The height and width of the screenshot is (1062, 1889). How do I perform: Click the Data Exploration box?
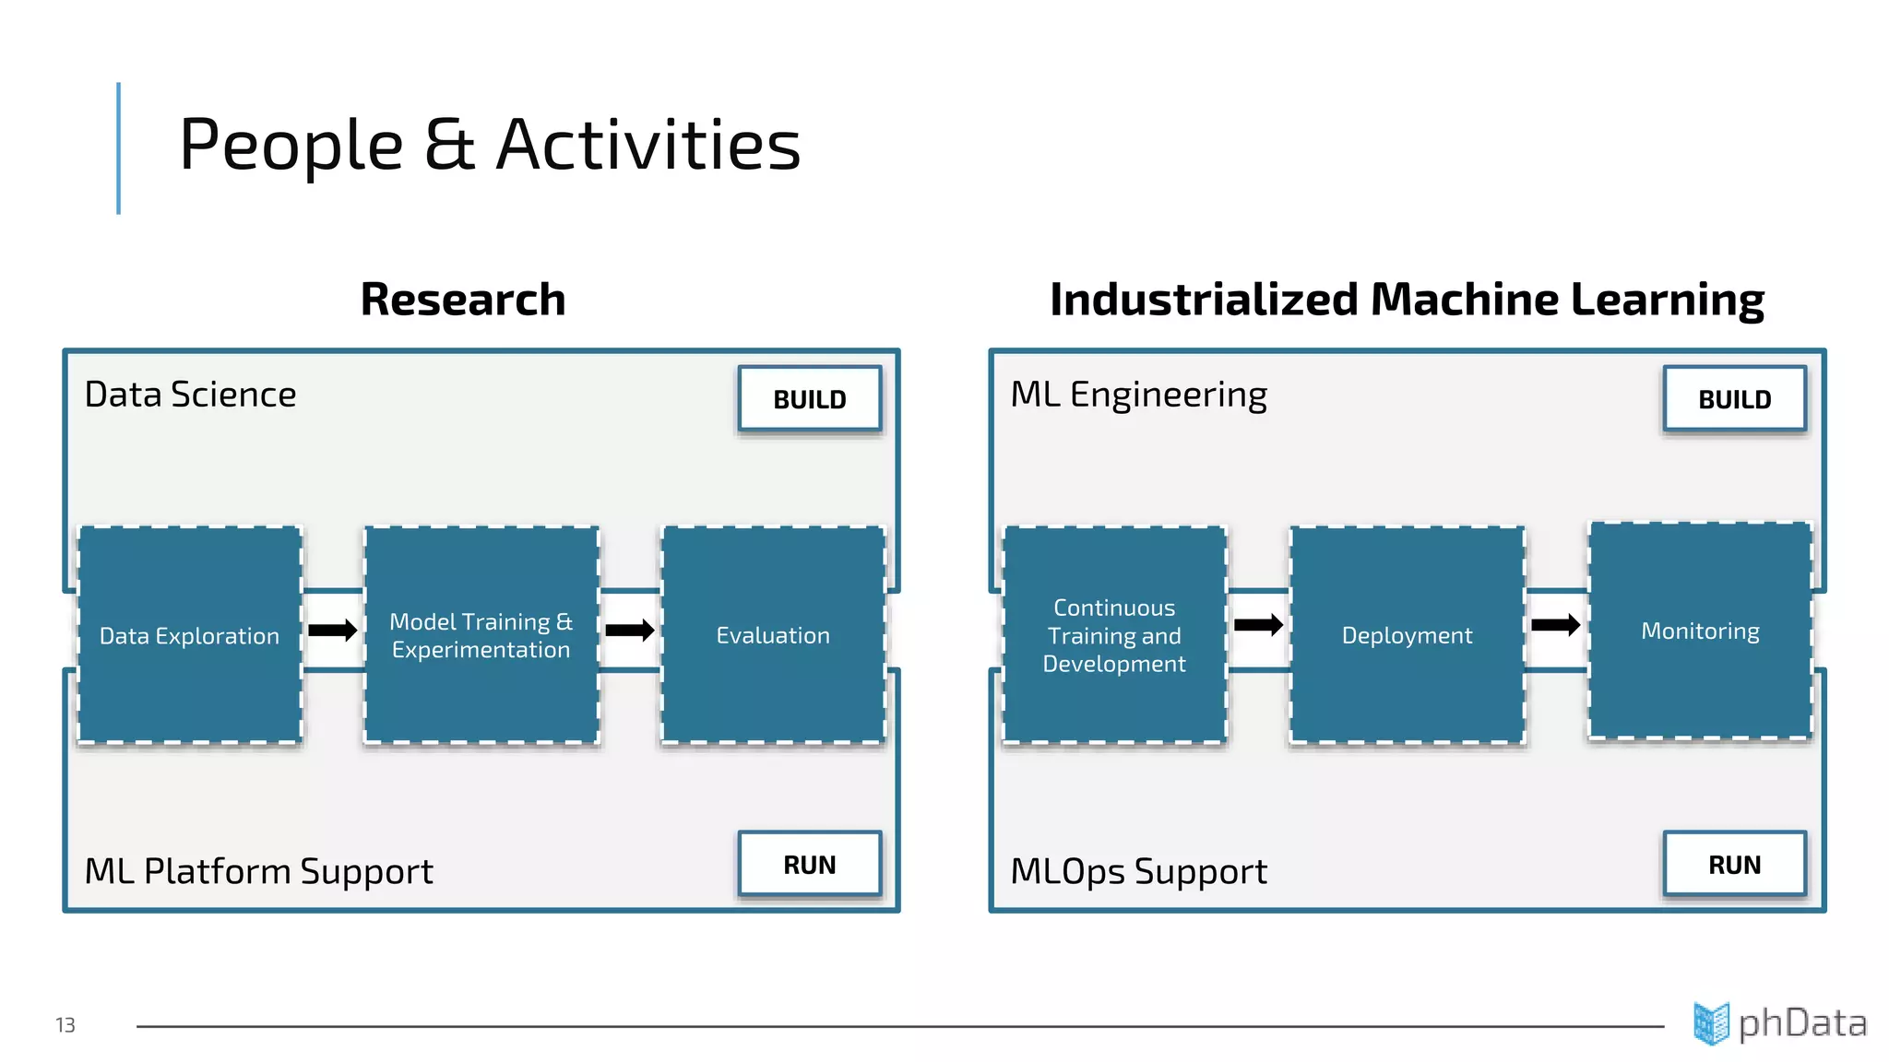[x=190, y=634]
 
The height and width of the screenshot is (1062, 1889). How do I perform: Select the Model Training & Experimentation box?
[x=481, y=634]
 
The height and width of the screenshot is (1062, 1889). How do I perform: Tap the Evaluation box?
[x=773, y=634]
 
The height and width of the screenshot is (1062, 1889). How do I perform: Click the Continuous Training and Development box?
[x=1114, y=634]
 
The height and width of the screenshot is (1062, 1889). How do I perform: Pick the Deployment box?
[x=1407, y=634]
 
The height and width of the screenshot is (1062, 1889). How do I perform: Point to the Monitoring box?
[x=1700, y=630]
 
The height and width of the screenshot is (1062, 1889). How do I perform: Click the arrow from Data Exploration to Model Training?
[x=333, y=631]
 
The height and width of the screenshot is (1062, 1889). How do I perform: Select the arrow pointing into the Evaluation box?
[x=630, y=631]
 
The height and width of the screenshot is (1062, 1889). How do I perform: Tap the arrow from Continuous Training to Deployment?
[x=1258, y=625]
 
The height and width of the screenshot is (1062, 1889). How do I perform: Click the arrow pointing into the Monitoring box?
[x=1555, y=625]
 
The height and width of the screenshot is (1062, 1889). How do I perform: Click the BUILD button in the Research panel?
[x=809, y=399]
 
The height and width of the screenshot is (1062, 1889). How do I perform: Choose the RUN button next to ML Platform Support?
[x=809, y=864]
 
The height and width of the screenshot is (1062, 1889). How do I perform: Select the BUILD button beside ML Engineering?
[x=1734, y=399]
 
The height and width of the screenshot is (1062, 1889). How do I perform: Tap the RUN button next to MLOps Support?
[x=1734, y=864]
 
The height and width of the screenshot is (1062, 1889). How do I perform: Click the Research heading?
[x=462, y=300]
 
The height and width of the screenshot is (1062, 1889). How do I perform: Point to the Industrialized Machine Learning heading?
[x=1407, y=300]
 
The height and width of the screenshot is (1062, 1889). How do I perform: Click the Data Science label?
[x=190, y=395]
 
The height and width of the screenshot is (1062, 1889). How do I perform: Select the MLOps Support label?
[x=1138, y=871]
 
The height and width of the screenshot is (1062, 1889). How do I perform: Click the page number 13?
[x=65, y=1025]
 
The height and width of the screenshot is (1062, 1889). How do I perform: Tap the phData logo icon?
[x=1711, y=1023]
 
